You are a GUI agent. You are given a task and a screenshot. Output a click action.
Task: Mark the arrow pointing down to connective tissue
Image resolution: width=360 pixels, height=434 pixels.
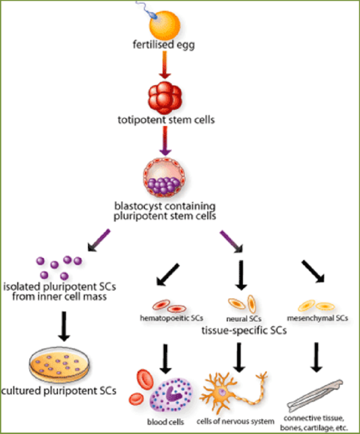click(317, 356)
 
